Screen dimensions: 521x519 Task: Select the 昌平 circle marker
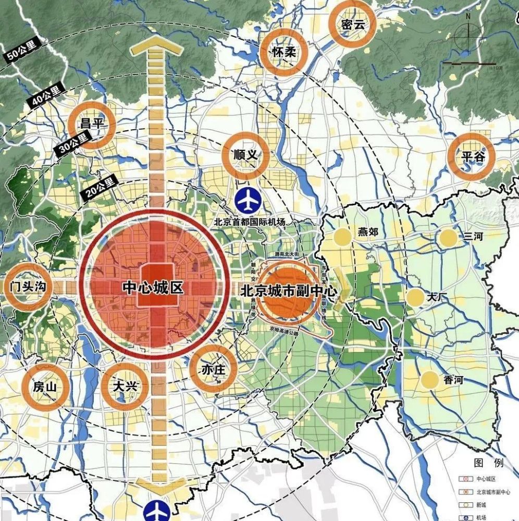click(x=91, y=125)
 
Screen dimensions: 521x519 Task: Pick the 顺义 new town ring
click(x=246, y=155)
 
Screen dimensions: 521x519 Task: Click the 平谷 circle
click(x=472, y=156)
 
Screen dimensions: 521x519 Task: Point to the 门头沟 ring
click(x=28, y=286)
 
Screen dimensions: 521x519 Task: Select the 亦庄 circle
click(x=213, y=369)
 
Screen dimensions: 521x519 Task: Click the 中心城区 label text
click(x=153, y=287)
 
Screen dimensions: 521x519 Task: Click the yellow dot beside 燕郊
click(x=342, y=237)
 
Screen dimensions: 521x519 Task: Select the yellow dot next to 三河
click(x=448, y=238)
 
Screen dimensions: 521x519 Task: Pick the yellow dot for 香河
click(x=429, y=380)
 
